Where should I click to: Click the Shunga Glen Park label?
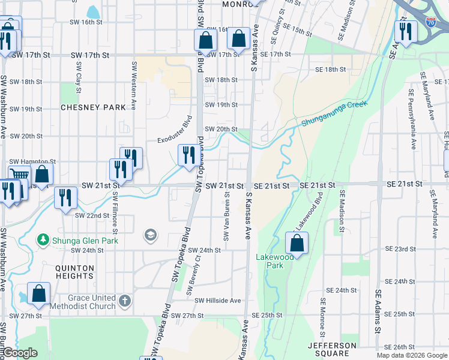(x=84, y=241)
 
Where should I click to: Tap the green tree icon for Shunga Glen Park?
(x=43, y=241)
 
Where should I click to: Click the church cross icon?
(x=125, y=299)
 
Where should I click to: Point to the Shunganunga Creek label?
(x=333, y=114)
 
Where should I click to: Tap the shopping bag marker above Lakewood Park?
(x=297, y=243)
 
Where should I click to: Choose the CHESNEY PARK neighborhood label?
(x=93, y=107)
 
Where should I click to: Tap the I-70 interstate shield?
(x=431, y=22)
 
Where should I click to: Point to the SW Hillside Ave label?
(x=217, y=301)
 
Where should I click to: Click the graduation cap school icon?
(x=150, y=235)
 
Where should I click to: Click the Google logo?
(x=19, y=353)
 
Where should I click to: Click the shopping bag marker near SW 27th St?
(x=38, y=294)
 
